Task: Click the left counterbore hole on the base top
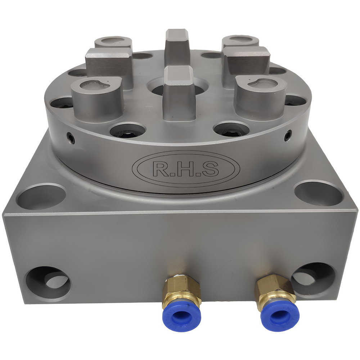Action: (41, 197)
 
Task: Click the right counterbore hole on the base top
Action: (318, 194)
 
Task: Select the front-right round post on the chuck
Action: (260, 94)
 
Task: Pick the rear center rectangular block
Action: (177, 45)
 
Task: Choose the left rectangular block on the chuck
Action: (109, 65)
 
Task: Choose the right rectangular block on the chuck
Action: (246, 63)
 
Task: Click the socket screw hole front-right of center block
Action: (231, 129)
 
